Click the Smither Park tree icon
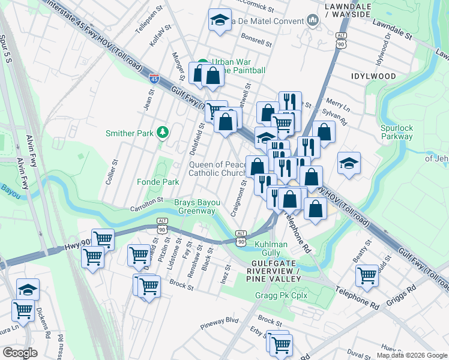tap(161, 133)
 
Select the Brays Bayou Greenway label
tap(194, 206)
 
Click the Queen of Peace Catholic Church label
tap(217, 169)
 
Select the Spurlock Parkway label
tap(396, 132)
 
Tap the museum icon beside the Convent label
tap(312, 21)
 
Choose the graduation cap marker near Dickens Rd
tap(28, 290)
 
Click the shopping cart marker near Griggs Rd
tap(367, 275)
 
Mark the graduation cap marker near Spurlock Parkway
tap(349, 163)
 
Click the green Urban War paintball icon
tap(203, 62)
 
